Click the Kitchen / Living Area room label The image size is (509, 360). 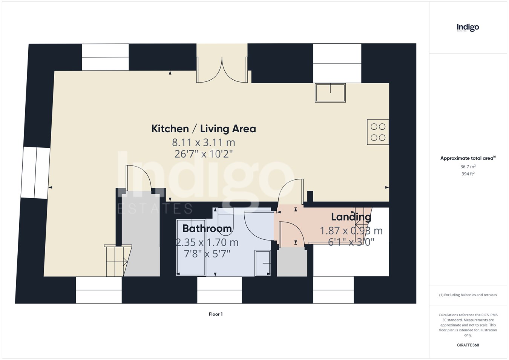click(204, 129)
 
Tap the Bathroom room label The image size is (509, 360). click(207, 228)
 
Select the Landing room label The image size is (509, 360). click(351, 217)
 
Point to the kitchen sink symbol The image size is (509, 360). click(330, 93)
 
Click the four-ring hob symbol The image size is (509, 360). click(378, 132)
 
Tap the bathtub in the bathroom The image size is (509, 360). click(191, 248)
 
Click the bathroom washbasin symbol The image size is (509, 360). click(262, 263)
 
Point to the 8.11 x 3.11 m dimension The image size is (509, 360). click(203, 142)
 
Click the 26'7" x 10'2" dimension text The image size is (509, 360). click(204, 154)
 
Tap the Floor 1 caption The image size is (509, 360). click(216, 314)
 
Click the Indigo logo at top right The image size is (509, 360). click(468, 28)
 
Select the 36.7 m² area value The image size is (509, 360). click(468, 167)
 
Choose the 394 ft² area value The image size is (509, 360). click(468, 174)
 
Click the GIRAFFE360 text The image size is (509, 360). click(468, 345)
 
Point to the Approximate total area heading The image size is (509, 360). click(468, 158)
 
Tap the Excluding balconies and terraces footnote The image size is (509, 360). click(468, 295)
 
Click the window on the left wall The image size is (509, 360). click(35, 173)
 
